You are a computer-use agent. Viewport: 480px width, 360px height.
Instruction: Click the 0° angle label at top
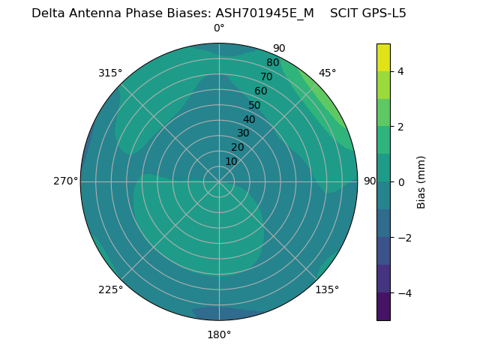click(219, 28)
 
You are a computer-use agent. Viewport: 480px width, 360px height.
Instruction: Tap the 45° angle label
click(327, 73)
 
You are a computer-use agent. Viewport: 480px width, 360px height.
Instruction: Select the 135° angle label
click(327, 289)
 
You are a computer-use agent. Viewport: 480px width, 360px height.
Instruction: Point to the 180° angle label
click(219, 334)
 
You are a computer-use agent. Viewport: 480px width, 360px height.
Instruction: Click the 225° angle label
click(110, 289)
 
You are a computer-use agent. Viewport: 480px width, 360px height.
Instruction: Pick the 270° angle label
click(65, 181)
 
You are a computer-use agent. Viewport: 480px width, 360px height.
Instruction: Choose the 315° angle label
click(110, 73)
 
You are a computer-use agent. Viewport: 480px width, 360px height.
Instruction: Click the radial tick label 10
click(231, 161)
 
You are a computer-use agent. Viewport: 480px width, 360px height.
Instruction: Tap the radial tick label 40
click(249, 119)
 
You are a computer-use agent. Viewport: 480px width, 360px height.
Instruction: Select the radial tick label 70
click(266, 76)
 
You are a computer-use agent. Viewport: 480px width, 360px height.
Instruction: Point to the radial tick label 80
click(272, 62)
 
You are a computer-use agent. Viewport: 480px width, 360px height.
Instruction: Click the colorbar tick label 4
click(400, 71)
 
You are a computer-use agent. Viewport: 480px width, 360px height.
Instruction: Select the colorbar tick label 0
click(400, 182)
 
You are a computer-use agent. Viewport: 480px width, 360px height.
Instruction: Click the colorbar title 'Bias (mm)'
click(421, 182)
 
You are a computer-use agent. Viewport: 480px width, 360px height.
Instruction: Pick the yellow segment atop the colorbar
click(383, 57)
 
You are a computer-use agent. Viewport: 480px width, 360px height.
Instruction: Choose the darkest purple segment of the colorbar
click(383, 307)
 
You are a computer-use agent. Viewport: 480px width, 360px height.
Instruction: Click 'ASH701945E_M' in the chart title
click(265, 13)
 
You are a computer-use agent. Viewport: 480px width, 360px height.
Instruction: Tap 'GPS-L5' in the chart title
click(382, 13)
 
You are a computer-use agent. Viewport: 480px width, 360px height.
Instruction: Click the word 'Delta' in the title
click(47, 13)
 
